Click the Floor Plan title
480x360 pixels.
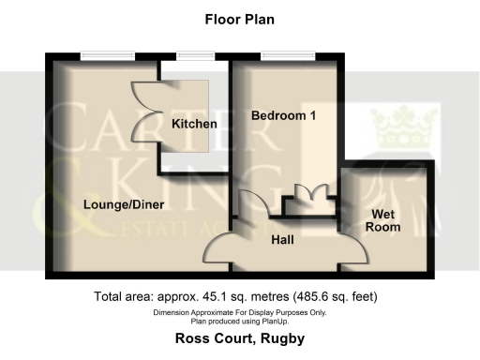[239, 19]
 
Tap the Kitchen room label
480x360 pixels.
[194, 124]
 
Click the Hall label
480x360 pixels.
[282, 240]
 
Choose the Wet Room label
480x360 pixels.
[382, 219]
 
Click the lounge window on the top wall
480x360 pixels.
[102, 54]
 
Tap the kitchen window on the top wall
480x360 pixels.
[193, 54]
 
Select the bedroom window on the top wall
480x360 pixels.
[280, 54]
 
